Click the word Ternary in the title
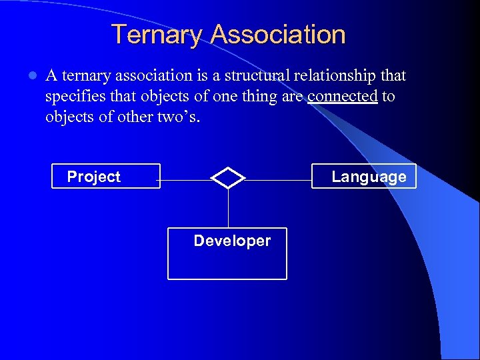[x=157, y=35]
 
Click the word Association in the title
[x=278, y=35]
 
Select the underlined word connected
[x=343, y=96]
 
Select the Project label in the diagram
[x=94, y=177]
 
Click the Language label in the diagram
[x=369, y=177]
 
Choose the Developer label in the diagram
[x=232, y=241]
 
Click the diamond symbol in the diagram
[x=228, y=177]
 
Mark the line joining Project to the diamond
[x=185, y=180]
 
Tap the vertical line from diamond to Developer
[x=228, y=208]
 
